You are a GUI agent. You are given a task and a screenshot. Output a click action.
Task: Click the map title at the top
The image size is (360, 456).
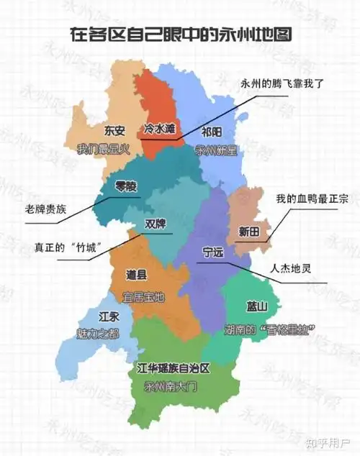click(x=179, y=34)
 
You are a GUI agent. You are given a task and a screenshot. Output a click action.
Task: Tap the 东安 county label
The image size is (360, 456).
click(x=114, y=131)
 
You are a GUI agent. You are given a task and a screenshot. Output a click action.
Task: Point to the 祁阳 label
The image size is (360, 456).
click(x=212, y=133)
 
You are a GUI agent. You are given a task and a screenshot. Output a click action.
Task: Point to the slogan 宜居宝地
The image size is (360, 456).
click(x=144, y=295)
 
